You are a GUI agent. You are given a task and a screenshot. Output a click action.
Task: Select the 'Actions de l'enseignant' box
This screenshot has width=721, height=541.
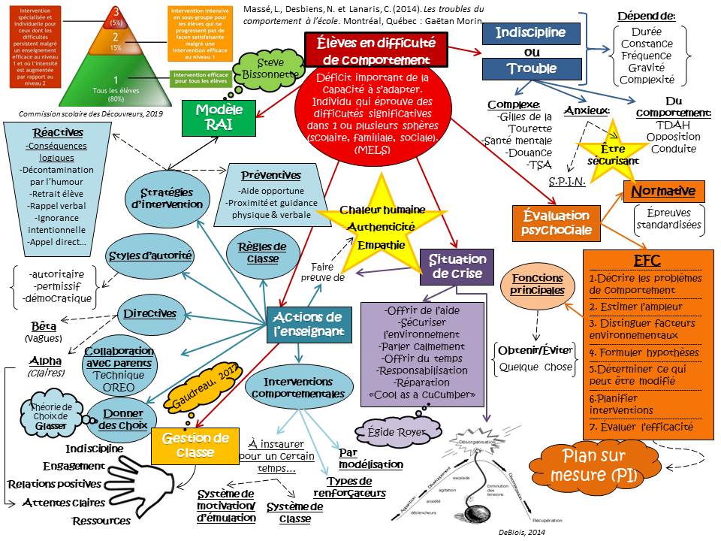[x=308, y=324]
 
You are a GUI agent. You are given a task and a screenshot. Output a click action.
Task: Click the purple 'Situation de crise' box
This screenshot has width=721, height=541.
[x=457, y=267]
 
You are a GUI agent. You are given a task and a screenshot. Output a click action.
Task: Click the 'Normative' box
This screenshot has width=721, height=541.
[x=663, y=191]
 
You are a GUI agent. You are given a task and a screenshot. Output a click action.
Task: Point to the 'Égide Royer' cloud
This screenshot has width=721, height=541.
[x=394, y=432]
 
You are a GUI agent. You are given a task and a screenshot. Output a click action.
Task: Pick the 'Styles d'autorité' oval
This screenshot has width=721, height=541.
[x=150, y=256]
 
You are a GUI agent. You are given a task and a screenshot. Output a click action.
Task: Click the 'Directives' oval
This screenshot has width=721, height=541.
[x=150, y=313]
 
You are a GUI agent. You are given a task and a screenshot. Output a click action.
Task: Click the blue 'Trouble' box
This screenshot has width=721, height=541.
[x=531, y=69]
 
